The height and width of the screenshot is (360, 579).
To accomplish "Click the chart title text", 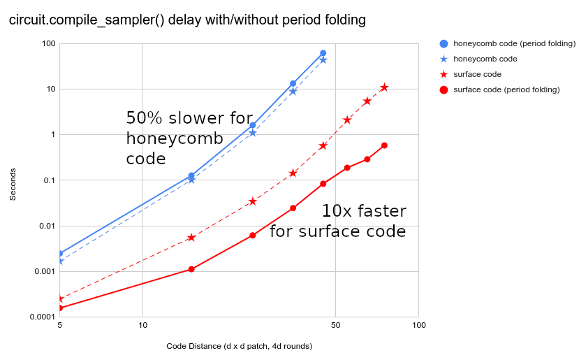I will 187,20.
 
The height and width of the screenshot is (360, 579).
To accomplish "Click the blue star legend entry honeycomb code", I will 485,59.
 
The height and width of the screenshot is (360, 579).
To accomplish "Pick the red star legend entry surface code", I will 477,74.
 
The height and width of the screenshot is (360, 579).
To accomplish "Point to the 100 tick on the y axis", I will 48,43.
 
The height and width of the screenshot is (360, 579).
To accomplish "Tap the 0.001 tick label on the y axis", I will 43,271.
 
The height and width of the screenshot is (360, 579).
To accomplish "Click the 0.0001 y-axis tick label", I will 41,317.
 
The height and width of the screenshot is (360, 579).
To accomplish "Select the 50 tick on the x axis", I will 336,326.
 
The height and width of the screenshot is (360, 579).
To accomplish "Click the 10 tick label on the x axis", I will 142,326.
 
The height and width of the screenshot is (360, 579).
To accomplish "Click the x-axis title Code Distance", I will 239,346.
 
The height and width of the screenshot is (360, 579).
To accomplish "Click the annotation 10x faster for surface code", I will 338,221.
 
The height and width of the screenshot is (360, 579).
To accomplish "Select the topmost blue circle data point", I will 323,53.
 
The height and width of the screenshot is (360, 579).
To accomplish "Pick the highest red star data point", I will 384,87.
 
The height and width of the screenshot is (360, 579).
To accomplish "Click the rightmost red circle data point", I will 384,145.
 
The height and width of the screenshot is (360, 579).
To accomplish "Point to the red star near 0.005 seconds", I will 191,238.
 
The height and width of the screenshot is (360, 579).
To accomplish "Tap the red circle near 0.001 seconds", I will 191,269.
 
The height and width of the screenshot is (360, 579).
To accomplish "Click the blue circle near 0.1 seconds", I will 191,175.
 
